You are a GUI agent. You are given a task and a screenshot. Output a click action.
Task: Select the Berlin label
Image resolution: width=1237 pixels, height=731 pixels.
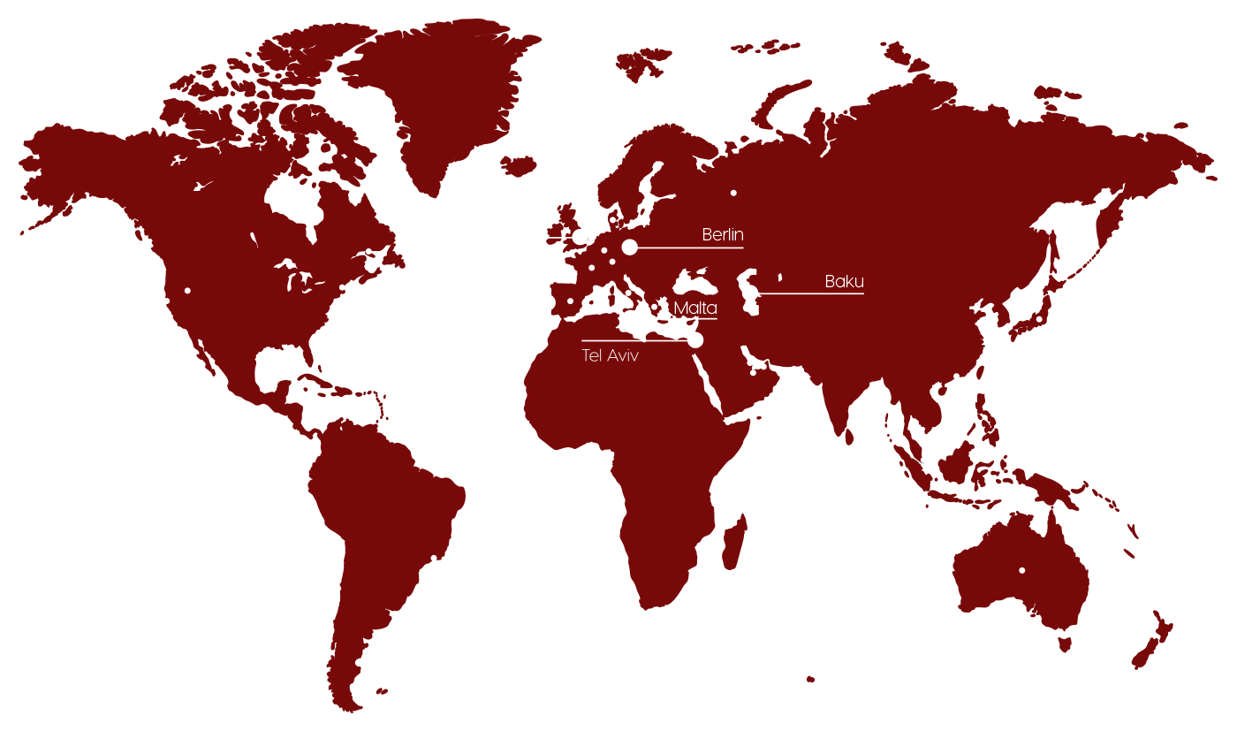(x=723, y=235)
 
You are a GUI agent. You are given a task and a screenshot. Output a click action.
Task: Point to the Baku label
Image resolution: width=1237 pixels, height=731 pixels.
(x=844, y=282)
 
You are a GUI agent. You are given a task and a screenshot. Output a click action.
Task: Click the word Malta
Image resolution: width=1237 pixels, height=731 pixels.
(x=694, y=308)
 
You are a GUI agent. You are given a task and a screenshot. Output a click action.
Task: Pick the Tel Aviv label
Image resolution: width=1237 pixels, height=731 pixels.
(x=610, y=356)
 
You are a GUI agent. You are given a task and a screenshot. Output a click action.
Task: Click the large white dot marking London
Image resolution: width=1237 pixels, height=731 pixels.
(x=580, y=237)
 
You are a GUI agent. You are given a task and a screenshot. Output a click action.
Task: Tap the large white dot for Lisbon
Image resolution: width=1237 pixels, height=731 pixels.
(x=547, y=302)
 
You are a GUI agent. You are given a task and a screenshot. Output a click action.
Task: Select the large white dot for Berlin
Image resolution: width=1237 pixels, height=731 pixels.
(x=629, y=247)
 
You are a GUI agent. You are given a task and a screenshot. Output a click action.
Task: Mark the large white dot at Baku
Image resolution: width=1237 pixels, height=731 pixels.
(x=750, y=293)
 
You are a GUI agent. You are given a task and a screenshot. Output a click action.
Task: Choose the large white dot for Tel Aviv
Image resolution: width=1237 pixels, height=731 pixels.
(x=695, y=340)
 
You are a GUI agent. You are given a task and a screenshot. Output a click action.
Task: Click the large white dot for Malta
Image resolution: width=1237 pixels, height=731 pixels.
(x=631, y=318)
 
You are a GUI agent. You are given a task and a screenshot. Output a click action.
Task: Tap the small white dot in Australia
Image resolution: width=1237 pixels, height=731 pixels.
(x=1021, y=570)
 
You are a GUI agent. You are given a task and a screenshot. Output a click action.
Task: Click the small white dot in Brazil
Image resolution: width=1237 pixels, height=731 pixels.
(x=433, y=558)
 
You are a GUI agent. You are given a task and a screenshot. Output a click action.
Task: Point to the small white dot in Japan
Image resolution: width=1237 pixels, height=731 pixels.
(x=1039, y=319)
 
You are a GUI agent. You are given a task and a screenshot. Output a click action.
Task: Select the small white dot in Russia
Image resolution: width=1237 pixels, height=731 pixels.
(x=733, y=193)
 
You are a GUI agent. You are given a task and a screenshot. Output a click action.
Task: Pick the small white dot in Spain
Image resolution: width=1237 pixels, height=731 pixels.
(x=570, y=301)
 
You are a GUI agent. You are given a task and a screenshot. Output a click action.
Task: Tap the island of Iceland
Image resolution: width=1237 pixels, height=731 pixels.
(x=519, y=164)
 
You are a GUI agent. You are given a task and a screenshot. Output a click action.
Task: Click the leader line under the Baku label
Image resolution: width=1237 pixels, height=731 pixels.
(x=813, y=293)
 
